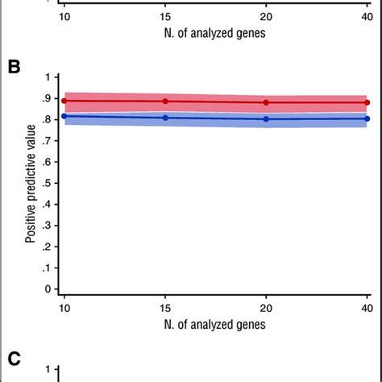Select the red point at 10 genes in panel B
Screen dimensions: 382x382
[64, 101]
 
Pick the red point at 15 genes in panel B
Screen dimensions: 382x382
[165, 102]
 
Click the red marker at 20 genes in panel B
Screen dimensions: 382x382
[266, 102]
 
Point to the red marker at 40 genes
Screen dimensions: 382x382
[367, 102]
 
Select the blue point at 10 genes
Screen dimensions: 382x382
[64, 116]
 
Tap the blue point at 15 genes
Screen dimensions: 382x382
[165, 118]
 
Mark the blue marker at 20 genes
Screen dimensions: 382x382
[266, 118]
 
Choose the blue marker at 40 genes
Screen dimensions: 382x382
[367, 118]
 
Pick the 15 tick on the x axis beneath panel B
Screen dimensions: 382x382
[165, 308]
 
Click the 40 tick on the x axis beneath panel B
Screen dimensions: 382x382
[367, 308]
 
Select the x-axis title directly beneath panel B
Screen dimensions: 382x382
[216, 325]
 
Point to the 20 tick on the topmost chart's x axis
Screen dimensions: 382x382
[266, 18]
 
